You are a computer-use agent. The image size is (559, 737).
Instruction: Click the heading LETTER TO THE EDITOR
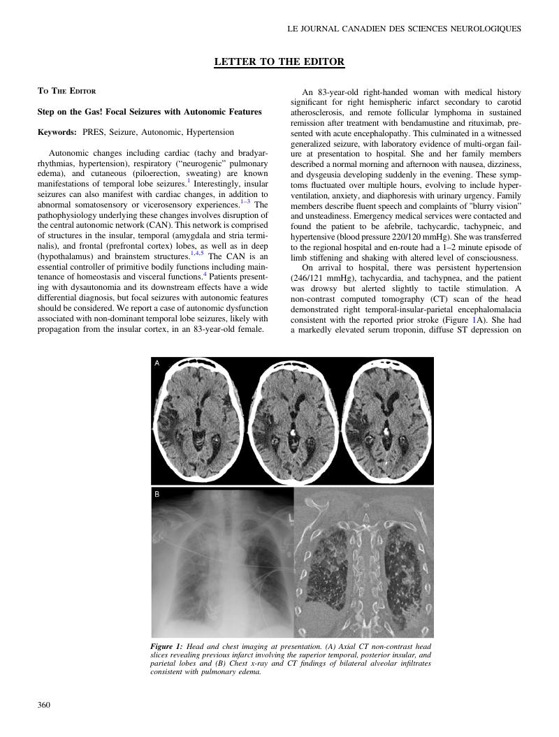279,62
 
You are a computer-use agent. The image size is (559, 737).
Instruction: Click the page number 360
44,705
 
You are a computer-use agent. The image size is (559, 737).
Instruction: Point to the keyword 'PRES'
93,132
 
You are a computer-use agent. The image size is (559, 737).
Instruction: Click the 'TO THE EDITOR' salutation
66,92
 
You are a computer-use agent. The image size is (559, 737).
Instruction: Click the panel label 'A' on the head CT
157,363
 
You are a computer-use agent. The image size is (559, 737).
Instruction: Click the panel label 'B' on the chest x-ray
157,495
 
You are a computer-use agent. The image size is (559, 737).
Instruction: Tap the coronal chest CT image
363,562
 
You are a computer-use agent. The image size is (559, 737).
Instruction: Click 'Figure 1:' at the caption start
166,647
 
